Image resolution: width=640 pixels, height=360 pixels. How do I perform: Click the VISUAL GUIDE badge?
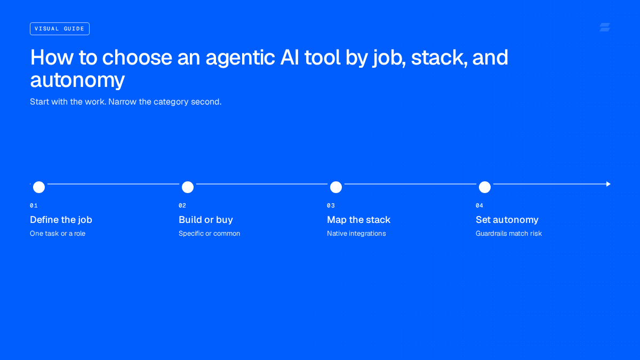point(59,29)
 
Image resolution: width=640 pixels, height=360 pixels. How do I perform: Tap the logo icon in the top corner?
point(605,27)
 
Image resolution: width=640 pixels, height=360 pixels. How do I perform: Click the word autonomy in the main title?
point(77,81)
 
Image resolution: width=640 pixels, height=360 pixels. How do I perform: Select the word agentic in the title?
point(240,58)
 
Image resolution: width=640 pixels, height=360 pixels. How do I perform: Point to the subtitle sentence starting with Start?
point(126,102)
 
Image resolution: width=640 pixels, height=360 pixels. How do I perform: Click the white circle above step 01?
point(39,187)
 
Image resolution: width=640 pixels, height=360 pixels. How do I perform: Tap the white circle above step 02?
point(188,187)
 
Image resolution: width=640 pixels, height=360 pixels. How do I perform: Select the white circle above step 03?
point(336,187)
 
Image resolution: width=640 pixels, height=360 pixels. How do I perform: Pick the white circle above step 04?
point(485,187)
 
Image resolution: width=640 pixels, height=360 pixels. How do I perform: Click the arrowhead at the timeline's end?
point(609,184)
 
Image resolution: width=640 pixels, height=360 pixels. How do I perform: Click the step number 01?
point(34,205)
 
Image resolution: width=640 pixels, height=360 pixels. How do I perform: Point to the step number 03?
point(331,205)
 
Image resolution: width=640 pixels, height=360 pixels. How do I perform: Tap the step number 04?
point(479,205)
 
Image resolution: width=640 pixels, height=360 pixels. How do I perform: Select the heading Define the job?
point(61,220)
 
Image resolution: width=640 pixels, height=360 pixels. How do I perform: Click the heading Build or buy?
point(206,220)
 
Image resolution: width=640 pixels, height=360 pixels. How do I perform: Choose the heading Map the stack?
point(358,220)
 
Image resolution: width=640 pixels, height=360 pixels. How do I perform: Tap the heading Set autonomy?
point(507,220)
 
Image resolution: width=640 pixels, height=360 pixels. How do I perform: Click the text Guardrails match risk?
point(509,234)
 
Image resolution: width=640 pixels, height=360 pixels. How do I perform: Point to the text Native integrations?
point(356,234)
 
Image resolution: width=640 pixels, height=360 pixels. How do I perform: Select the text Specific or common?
point(210,234)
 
